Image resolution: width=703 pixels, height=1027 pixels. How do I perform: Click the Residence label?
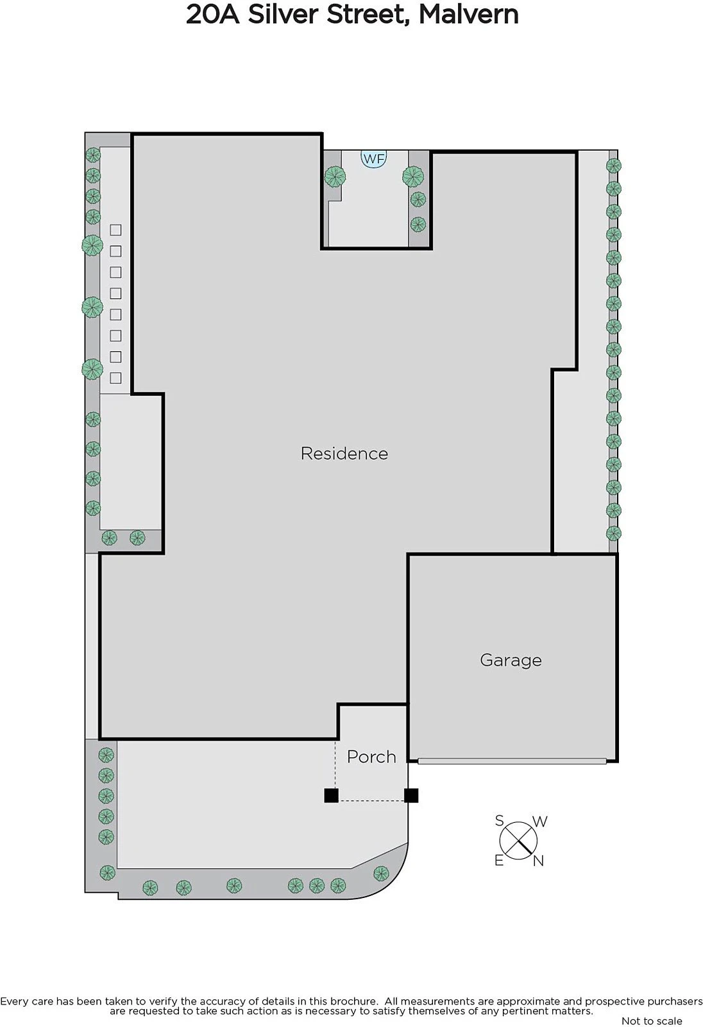pos(344,453)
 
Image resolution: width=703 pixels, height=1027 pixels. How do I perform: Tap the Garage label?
pos(511,660)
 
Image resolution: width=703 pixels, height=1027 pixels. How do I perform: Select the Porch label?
pos(371,757)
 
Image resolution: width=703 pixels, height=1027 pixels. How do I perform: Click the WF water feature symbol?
pos(373,159)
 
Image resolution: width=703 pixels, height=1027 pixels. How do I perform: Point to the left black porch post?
pos(332,795)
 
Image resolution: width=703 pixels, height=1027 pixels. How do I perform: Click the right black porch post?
pos(411,795)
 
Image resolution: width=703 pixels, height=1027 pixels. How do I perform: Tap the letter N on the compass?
pos(538,861)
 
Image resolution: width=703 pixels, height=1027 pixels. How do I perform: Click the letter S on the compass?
pos(500,820)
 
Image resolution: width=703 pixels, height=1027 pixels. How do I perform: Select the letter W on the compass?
pos(540,821)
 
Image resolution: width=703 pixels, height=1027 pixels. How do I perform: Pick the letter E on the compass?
pos(499,861)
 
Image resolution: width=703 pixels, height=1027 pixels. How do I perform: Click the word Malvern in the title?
pos(468,15)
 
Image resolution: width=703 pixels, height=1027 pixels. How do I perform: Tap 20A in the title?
pos(213,15)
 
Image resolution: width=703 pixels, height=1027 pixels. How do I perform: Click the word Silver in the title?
pos(284,15)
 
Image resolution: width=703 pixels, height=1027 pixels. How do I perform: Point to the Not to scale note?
pos(652,1021)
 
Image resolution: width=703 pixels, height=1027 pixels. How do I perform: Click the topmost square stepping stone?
pos(115,230)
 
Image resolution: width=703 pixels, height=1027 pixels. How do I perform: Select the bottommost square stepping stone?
pos(115,378)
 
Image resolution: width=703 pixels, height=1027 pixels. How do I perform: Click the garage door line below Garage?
pos(512,761)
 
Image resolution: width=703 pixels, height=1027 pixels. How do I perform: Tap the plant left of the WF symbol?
pos(335,177)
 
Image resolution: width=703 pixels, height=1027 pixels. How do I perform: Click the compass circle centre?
pos(518,841)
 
